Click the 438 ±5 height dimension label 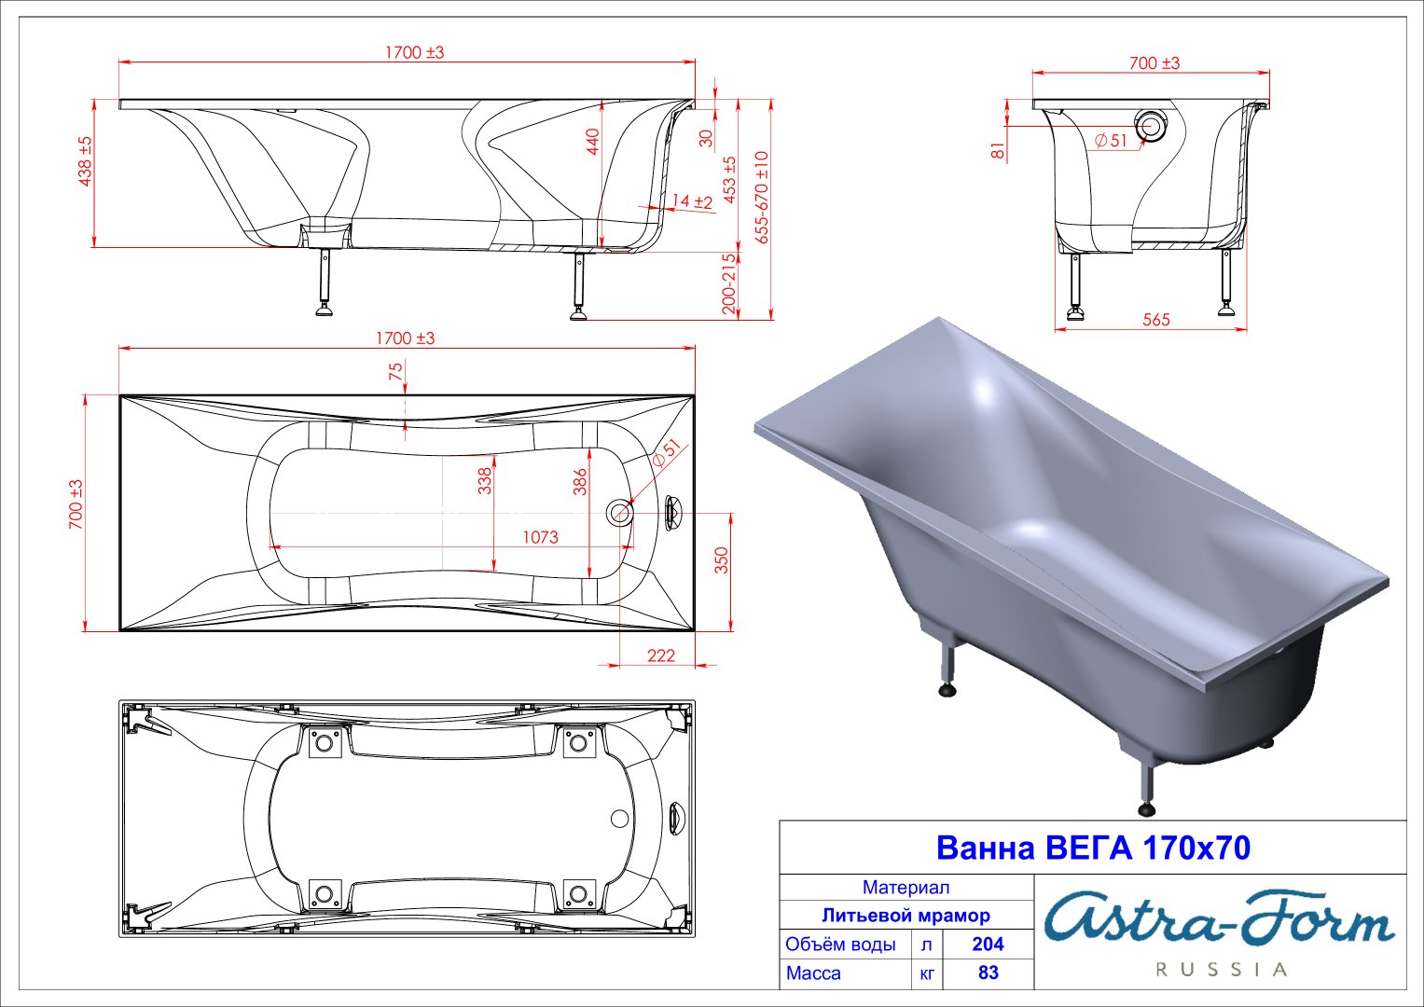85,161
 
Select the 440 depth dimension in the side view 592,141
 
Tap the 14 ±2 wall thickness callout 692,200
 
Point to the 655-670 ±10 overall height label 762,197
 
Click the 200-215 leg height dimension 728,283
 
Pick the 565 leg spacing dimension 1155,319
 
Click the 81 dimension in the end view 999,150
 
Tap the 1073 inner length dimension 540,537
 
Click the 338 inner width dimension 485,480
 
